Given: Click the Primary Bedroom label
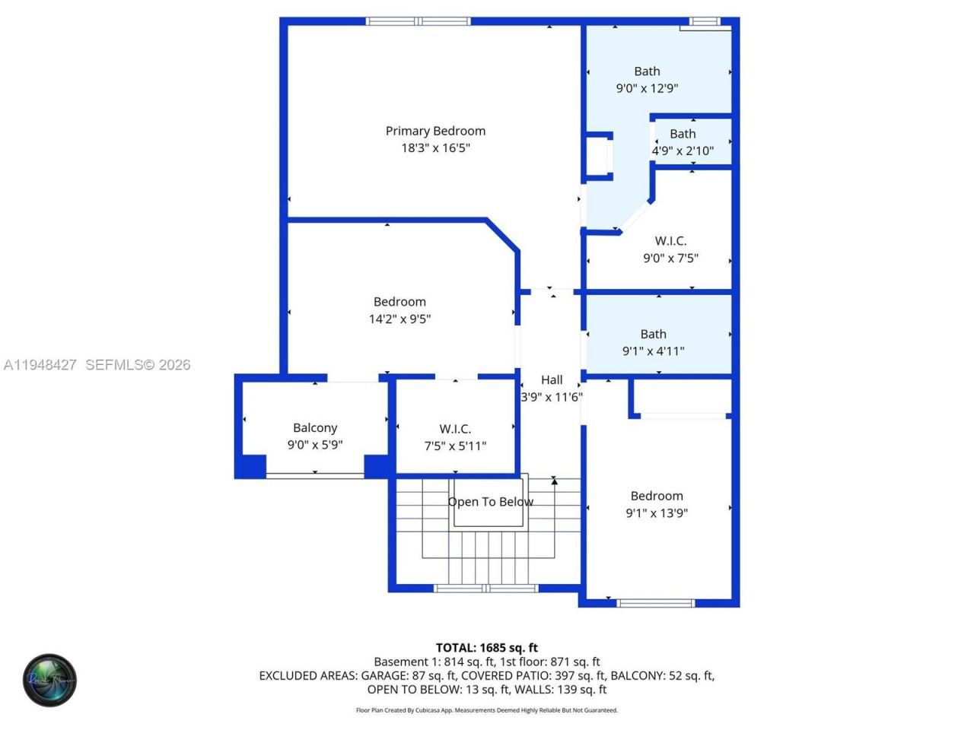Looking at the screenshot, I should [x=435, y=131].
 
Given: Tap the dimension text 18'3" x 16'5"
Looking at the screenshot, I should [x=435, y=148].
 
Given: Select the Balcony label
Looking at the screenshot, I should [x=315, y=428].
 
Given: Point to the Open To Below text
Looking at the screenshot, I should [x=490, y=502].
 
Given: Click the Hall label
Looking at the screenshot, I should [x=552, y=380].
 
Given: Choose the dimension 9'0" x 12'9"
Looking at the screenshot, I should [x=647, y=88].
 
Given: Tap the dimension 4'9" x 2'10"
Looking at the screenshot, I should [x=683, y=151].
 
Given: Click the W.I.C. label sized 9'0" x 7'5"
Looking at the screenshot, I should [x=670, y=241].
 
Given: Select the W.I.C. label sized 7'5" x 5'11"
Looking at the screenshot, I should [x=455, y=429].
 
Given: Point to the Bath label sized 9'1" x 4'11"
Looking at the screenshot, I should [x=653, y=334].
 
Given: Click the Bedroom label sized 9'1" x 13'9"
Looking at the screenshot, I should [x=657, y=496].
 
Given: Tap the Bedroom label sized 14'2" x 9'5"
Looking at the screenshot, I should [x=399, y=302].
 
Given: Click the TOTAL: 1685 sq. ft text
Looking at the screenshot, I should [x=487, y=648].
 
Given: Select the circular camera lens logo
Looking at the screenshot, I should [x=49, y=680].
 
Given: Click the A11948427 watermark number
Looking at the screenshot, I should [x=40, y=365].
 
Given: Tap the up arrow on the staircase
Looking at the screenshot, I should [x=555, y=481].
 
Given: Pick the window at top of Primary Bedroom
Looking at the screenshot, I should [x=419, y=21].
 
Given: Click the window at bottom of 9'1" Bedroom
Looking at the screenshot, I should [x=655, y=603].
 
